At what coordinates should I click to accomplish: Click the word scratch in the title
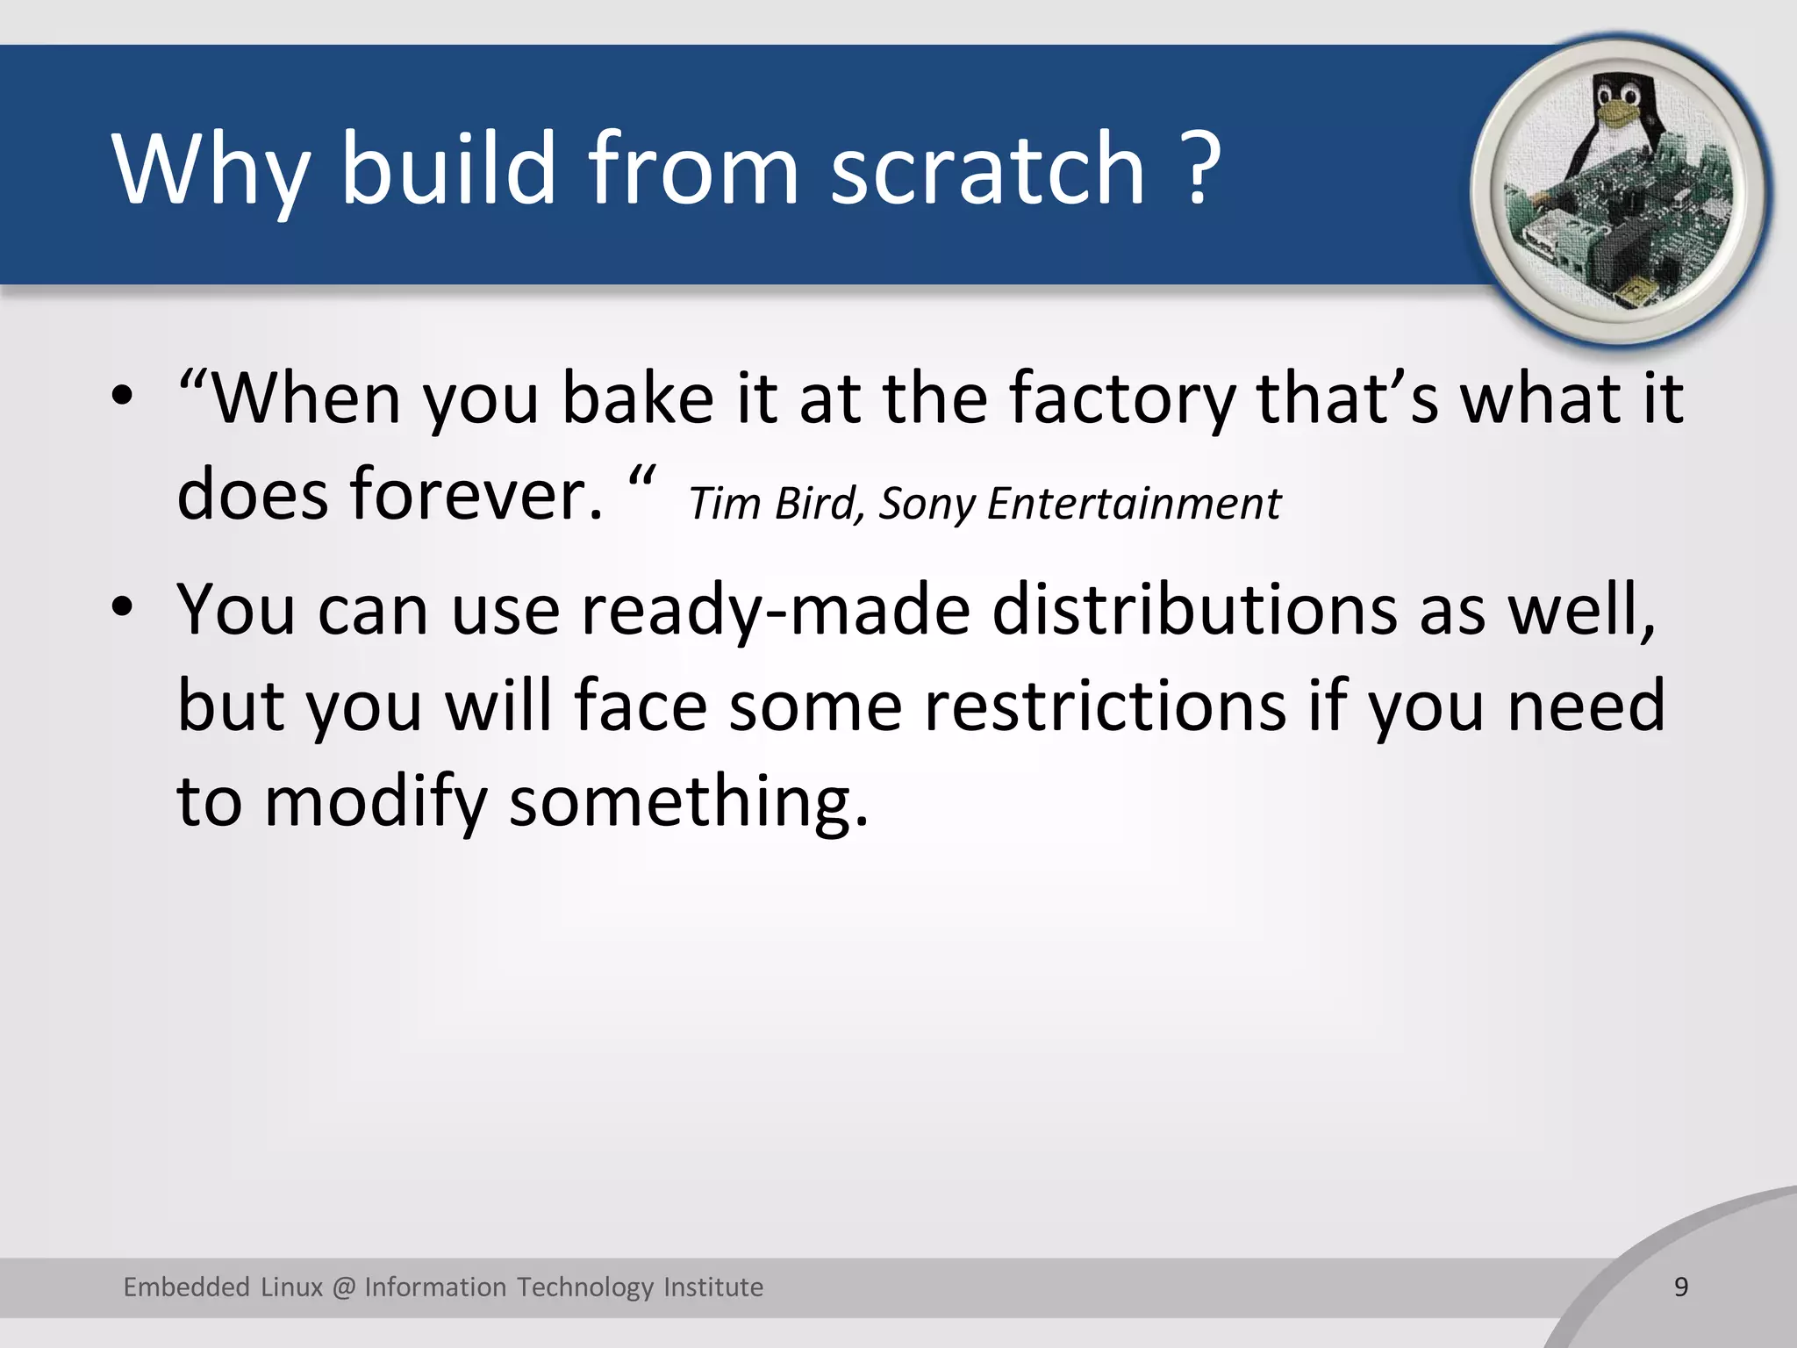point(987,168)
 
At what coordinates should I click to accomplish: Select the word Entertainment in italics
point(1134,505)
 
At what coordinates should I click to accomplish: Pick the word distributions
point(1194,610)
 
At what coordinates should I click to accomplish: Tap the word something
point(688,803)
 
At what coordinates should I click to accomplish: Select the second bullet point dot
point(122,607)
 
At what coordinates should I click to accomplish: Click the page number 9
point(1681,1287)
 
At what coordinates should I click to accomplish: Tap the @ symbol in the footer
point(344,1287)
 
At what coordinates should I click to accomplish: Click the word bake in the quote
point(638,399)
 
